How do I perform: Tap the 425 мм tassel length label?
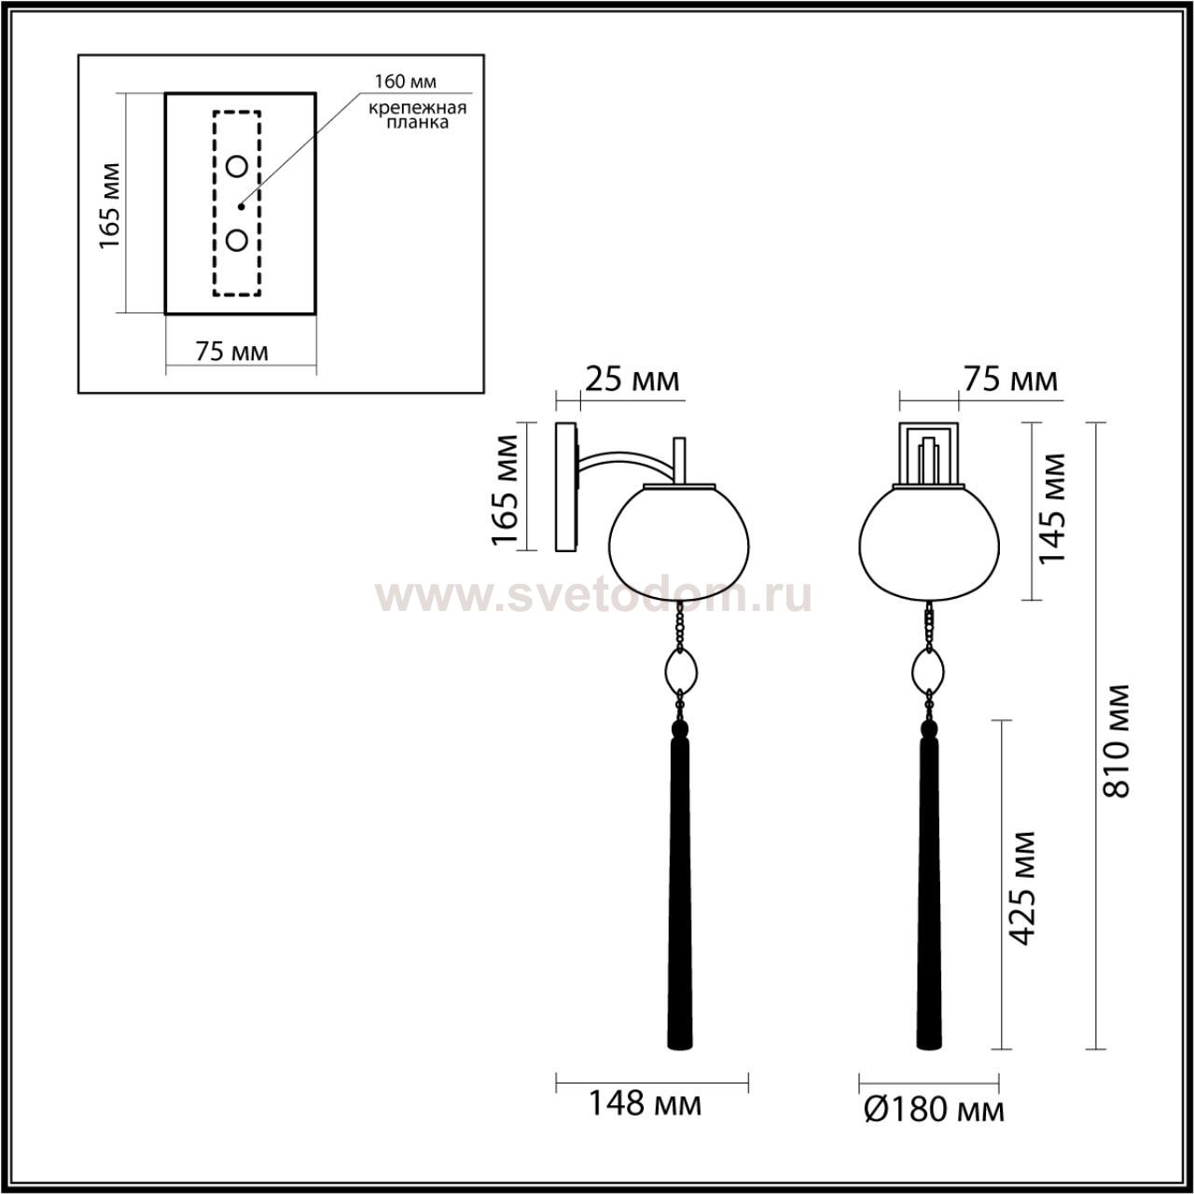(x=1021, y=896)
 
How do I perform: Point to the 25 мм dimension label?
(x=632, y=380)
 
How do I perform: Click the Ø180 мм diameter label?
(x=935, y=1127)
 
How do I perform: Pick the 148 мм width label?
(x=645, y=1121)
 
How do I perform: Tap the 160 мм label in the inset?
(x=405, y=82)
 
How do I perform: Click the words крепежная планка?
(x=417, y=116)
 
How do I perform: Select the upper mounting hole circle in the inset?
(x=237, y=167)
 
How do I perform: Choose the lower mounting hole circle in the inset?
(x=237, y=240)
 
